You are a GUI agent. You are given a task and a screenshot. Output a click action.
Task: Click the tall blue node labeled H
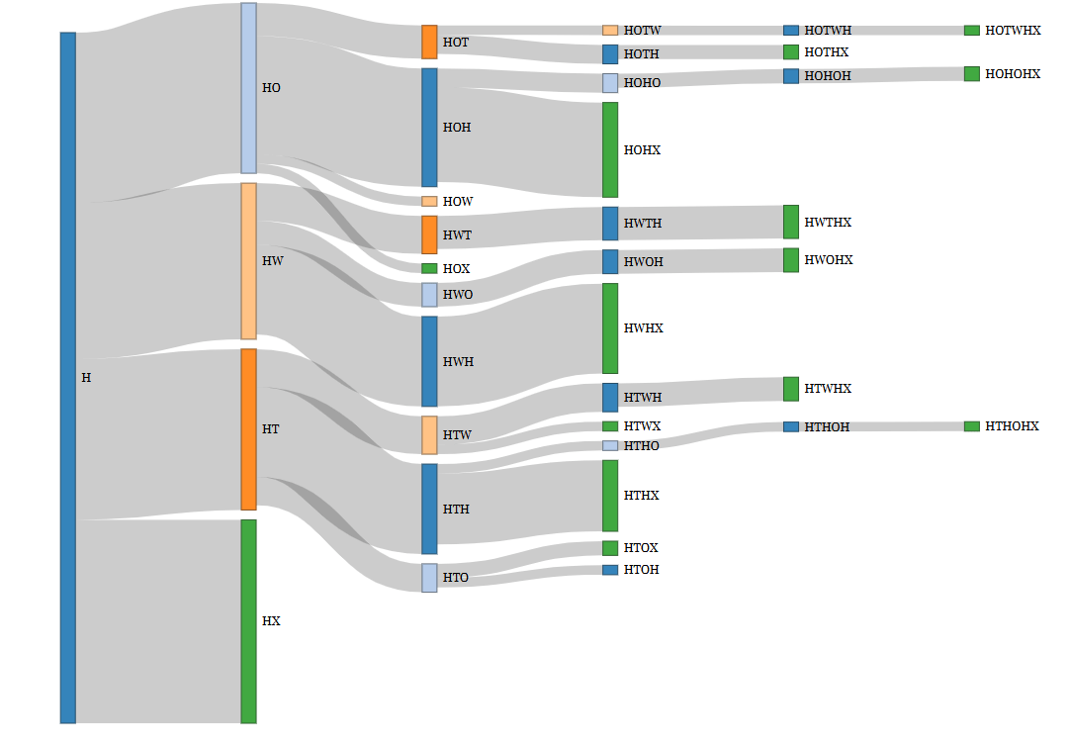point(67,377)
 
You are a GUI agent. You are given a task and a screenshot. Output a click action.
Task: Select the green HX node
point(248,621)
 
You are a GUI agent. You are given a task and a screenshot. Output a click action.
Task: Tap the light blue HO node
point(248,88)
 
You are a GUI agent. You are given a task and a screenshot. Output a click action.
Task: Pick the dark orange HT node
point(248,429)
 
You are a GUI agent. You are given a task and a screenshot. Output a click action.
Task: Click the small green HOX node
point(429,268)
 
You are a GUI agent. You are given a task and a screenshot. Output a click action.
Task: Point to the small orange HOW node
point(429,201)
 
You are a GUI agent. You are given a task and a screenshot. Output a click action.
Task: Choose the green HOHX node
point(610,149)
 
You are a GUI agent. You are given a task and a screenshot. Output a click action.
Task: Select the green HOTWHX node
point(972,31)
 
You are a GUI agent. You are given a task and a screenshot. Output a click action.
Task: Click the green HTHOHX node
point(972,426)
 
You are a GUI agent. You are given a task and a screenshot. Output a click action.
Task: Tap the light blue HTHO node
point(610,445)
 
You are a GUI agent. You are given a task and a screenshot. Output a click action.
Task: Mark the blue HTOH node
point(610,570)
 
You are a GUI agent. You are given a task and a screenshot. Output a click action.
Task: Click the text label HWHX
point(643,327)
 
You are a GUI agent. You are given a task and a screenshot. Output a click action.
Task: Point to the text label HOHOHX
point(1013,74)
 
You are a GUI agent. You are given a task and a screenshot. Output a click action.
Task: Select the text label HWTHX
point(828,223)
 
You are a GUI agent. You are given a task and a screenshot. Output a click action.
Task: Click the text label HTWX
point(642,426)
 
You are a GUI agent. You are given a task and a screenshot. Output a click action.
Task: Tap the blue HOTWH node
point(791,31)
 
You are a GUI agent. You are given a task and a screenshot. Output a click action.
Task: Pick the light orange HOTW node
point(610,31)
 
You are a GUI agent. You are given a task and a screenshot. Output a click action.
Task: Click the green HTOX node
point(610,548)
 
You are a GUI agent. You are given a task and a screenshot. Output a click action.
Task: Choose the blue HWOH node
point(610,262)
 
